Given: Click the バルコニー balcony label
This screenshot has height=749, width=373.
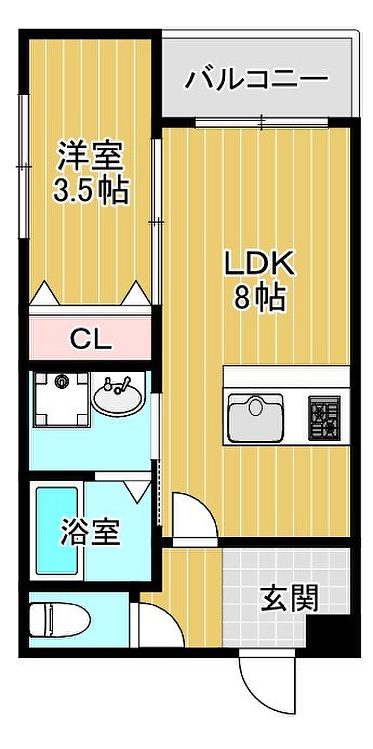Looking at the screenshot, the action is click(x=257, y=78).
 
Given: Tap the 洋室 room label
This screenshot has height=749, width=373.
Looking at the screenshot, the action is click(x=90, y=156).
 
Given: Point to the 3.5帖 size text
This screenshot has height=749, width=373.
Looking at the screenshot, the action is click(x=91, y=191).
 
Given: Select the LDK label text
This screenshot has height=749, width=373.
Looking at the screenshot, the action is click(x=259, y=263).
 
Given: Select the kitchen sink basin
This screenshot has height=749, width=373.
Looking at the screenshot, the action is click(x=256, y=418).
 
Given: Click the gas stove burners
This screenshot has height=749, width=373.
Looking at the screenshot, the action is click(x=324, y=418).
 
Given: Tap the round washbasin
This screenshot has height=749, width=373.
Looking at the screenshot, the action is click(x=118, y=399).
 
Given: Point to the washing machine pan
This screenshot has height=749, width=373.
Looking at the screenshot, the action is click(x=61, y=399).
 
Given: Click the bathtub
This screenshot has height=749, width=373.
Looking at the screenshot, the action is click(x=57, y=531).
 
